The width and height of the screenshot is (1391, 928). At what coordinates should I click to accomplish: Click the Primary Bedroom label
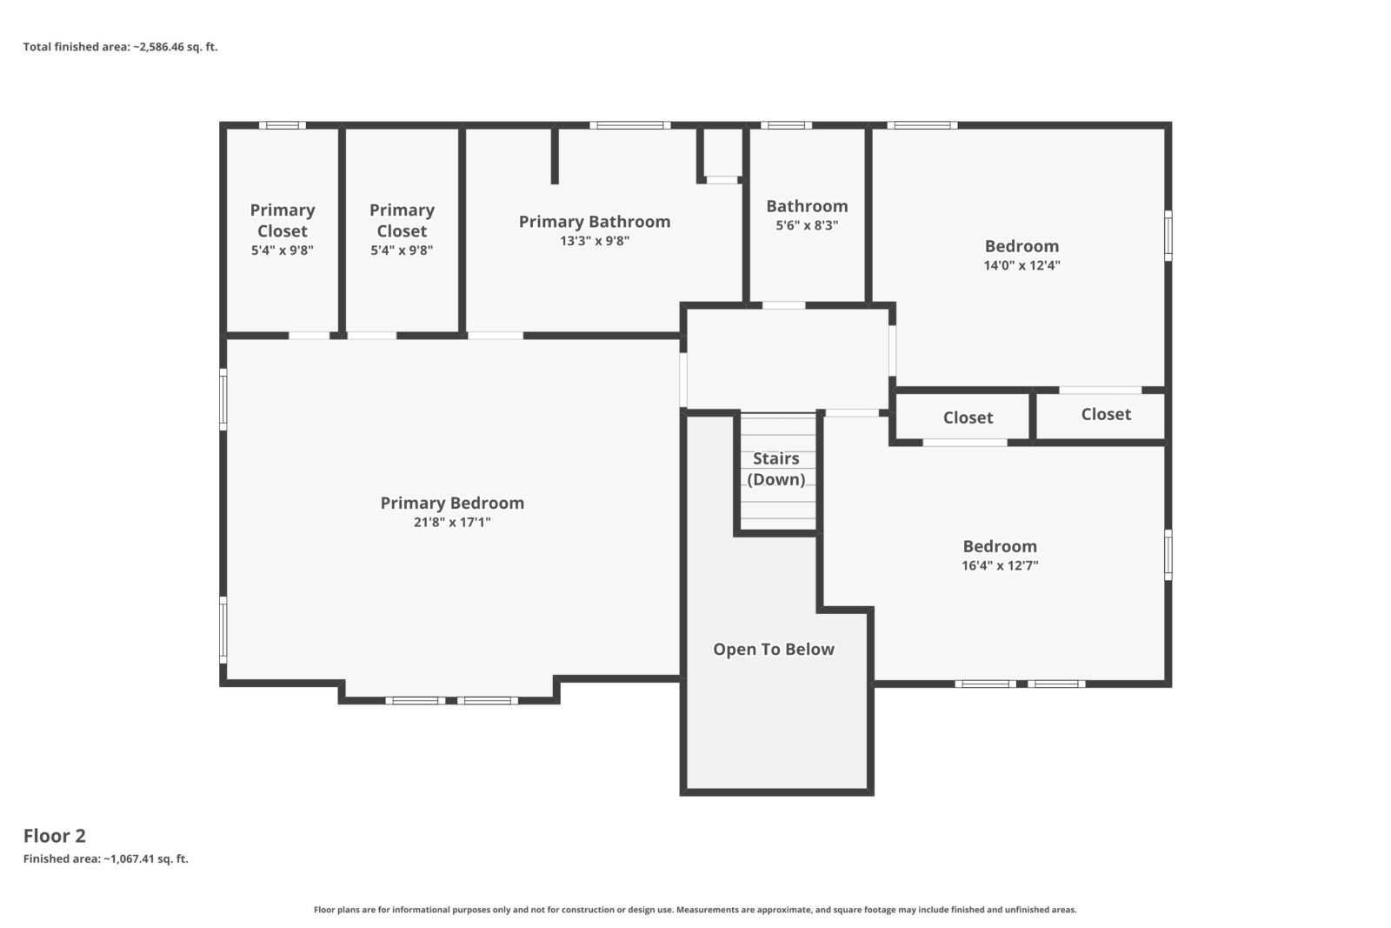pyautogui.click(x=452, y=503)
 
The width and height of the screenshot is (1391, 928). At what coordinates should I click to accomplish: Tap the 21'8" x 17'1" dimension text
pyautogui.click(x=452, y=523)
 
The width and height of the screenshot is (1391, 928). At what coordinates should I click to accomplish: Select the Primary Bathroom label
pyautogui.click(x=595, y=222)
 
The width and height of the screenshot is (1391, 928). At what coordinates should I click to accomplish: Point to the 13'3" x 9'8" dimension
pyautogui.click(x=595, y=241)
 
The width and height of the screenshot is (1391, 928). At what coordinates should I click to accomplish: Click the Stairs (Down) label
pyautogui.click(x=776, y=469)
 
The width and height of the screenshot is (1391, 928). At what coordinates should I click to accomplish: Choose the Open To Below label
pyautogui.click(x=774, y=650)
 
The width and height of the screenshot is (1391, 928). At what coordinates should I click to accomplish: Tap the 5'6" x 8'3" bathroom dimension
pyautogui.click(x=807, y=225)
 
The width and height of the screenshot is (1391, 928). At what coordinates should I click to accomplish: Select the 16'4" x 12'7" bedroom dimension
pyautogui.click(x=1000, y=566)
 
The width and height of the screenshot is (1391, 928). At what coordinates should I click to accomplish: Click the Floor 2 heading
pyautogui.click(x=55, y=836)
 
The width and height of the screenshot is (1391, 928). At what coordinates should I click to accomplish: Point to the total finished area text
pyautogui.click(x=121, y=47)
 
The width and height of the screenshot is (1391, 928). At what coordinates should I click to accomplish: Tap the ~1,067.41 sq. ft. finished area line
pyautogui.click(x=105, y=859)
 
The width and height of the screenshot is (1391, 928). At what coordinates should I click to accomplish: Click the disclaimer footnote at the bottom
pyautogui.click(x=695, y=910)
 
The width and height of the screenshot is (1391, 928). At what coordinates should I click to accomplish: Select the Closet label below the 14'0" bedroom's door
pyautogui.click(x=1106, y=414)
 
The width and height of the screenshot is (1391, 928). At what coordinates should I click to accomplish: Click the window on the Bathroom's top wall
pyautogui.click(x=786, y=125)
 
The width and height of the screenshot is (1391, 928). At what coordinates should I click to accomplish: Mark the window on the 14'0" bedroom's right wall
pyautogui.click(x=1168, y=236)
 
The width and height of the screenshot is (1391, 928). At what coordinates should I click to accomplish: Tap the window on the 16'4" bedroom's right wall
pyautogui.click(x=1168, y=555)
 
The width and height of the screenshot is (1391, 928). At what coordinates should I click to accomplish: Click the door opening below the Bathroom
pyautogui.click(x=783, y=305)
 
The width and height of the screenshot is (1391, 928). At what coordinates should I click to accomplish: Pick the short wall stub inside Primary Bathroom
pyautogui.click(x=555, y=156)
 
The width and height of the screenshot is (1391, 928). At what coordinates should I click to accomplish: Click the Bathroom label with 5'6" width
pyautogui.click(x=807, y=206)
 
